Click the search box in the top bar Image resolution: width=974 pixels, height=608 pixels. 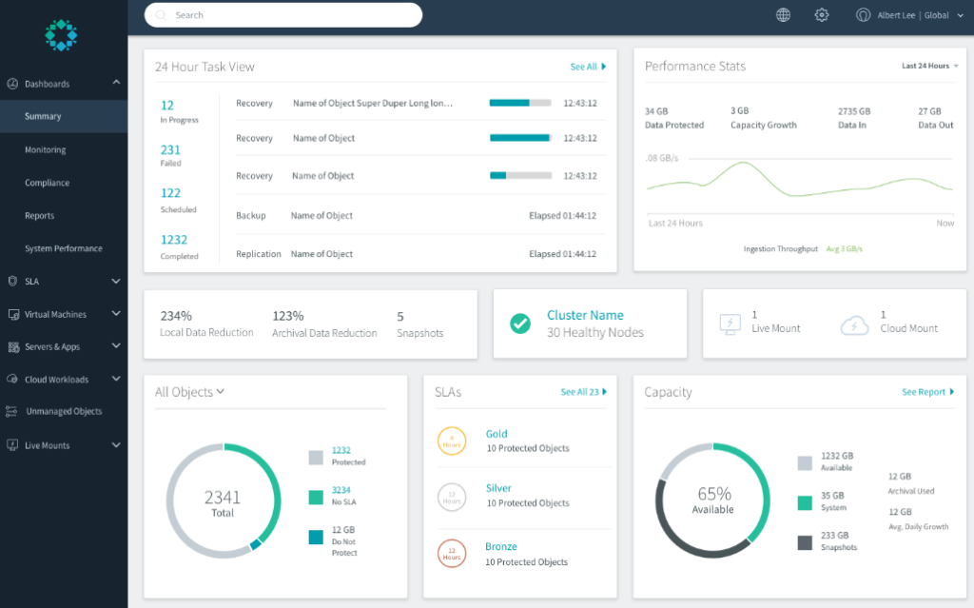click(x=282, y=15)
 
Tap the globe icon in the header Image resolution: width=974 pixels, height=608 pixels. click(x=783, y=15)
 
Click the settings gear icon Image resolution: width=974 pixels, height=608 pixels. click(x=822, y=15)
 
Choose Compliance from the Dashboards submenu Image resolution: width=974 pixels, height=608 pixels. click(x=47, y=183)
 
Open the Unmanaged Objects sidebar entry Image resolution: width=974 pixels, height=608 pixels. click(x=63, y=412)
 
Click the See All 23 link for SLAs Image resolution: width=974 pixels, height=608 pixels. click(x=583, y=392)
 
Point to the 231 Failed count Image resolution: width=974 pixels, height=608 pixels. click(x=170, y=150)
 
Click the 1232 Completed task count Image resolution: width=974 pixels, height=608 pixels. click(x=174, y=240)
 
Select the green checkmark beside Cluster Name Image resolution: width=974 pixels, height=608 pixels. click(x=519, y=324)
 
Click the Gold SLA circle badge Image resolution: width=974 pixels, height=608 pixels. click(x=451, y=441)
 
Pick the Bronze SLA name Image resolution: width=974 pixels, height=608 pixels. click(x=501, y=547)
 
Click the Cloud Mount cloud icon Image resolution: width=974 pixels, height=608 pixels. click(x=854, y=324)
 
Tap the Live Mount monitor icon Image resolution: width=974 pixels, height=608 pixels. click(x=730, y=324)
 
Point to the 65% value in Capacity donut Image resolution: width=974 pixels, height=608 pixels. click(x=713, y=495)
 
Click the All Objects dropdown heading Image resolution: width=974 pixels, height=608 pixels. click(x=189, y=392)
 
